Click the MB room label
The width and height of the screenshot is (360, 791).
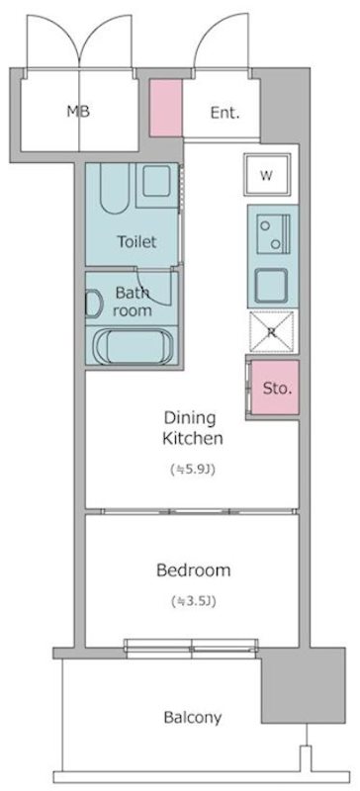(78, 111)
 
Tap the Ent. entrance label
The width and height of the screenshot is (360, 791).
(225, 113)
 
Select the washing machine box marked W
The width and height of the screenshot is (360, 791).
(267, 175)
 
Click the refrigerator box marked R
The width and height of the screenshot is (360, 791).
(272, 331)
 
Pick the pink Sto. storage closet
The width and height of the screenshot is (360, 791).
(275, 388)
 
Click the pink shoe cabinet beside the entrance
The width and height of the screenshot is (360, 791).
(165, 108)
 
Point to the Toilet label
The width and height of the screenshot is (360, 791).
(136, 241)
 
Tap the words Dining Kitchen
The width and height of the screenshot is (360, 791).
(193, 428)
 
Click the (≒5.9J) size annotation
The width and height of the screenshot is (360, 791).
(194, 471)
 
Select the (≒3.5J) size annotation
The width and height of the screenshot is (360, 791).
(194, 601)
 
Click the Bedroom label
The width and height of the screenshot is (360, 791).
(194, 571)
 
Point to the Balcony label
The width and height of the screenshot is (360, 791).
(193, 718)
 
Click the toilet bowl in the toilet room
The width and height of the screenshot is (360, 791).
(115, 188)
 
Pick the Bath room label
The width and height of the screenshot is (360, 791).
(133, 302)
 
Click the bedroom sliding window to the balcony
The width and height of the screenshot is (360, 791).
(191, 649)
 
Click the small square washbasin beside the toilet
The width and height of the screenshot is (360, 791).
(155, 182)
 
